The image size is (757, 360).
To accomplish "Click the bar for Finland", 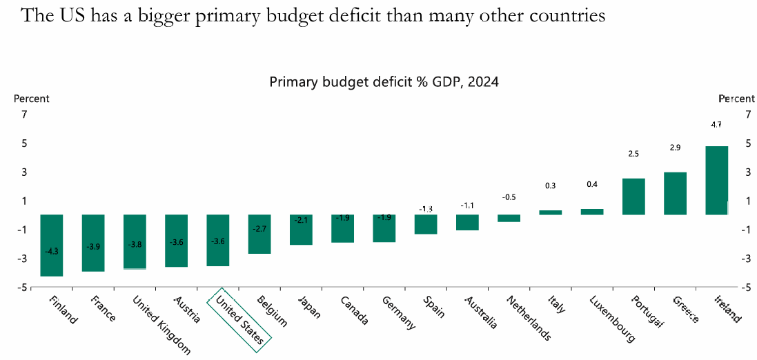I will (52, 245).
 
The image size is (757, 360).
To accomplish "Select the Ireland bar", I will (717, 180).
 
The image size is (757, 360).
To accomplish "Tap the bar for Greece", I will (675, 193).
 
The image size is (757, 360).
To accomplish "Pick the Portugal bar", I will (633, 197).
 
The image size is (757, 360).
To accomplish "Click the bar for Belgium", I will (259, 234).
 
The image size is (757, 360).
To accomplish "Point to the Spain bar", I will (426, 224).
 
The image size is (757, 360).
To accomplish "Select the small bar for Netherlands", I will (509, 218).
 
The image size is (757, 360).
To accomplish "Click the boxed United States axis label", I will (239, 315).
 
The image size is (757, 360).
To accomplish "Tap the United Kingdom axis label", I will (159, 324).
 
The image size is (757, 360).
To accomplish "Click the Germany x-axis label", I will (398, 312).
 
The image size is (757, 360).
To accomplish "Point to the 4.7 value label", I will (716, 125).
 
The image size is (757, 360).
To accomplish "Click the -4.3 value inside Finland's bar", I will (52, 251).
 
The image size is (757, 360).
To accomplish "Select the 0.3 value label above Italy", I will (550, 186).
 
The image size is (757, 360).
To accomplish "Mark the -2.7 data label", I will (259, 228).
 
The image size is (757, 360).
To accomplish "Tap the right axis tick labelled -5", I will (748, 287).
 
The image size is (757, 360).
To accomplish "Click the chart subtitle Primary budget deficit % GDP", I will (384, 82).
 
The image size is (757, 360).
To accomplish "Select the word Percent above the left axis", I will (32, 99).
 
